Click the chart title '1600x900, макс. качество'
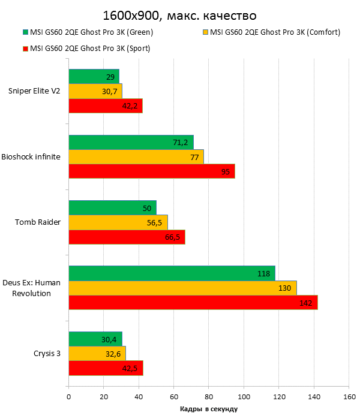[x=179, y=14]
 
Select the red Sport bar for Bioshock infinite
[x=151, y=171]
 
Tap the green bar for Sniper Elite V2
[x=94, y=76]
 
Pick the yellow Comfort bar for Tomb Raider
[x=118, y=222]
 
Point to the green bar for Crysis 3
[x=95, y=339]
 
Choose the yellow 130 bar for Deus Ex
[x=182, y=288]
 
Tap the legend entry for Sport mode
[x=90, y=49]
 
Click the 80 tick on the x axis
[x=209, y=396]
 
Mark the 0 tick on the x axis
[x=69, y=396]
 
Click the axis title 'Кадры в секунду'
[x=209, y=409]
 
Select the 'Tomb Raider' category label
[x=38, y=222]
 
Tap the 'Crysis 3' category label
[x=47, y=353]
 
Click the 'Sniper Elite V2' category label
[x=34, y=91]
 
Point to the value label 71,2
[x=181, y=142]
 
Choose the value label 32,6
[x=113, y=354]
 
